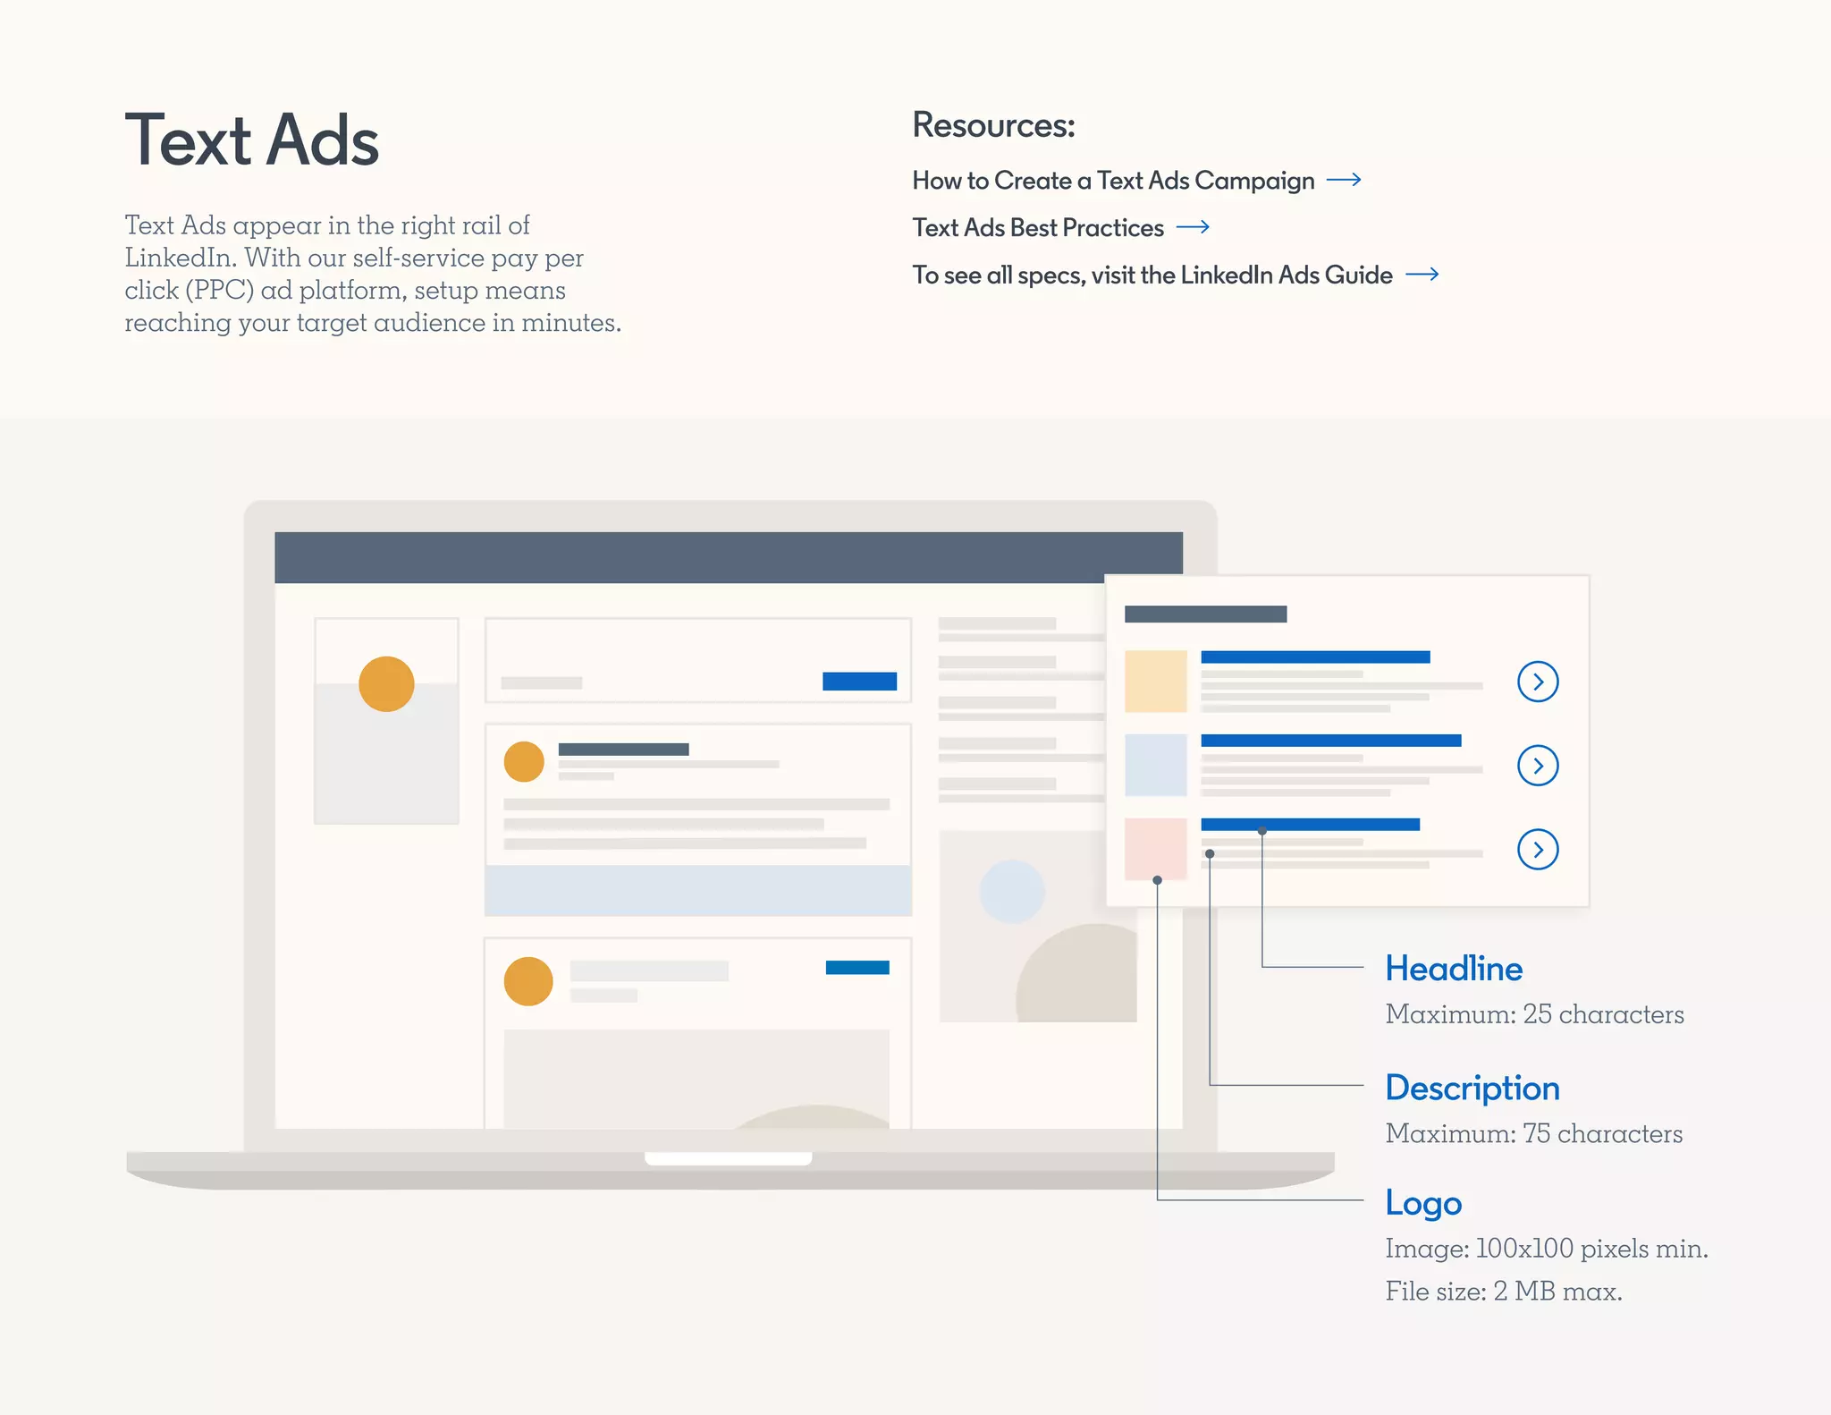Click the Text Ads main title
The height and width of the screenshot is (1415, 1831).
pos(252,140)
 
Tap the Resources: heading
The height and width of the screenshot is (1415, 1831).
pos(993,125)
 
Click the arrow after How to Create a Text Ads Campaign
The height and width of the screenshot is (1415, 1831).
pos(1344,180)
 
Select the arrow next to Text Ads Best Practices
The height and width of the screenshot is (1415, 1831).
pos(1193,227)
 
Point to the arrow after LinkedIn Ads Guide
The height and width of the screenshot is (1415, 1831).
pos(1422,275)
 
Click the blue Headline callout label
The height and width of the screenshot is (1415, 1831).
pos(1454,969)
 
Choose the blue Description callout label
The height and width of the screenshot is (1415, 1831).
pos(1472,1088)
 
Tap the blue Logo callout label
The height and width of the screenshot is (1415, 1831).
pos(1423,1203)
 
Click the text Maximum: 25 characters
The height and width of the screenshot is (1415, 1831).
pos(1534,1014)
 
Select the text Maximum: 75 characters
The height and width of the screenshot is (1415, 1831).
pos(1533,1133)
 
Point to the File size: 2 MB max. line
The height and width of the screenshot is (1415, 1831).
pos(1503,1291)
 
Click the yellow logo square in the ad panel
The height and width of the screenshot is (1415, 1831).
pos(1155,682)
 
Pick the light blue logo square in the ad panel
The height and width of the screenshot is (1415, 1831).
pos(1155,765)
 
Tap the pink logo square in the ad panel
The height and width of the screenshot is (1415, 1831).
pos(1155,848)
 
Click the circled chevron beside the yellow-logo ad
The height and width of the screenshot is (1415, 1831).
pos(1538,682)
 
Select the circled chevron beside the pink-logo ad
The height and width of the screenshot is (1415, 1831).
pos(1538,849)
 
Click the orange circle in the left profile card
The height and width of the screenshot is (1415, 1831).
pos(386,683)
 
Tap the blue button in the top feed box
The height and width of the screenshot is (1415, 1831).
pos(859,681)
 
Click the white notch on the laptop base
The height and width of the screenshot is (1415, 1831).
pos(728,1158)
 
